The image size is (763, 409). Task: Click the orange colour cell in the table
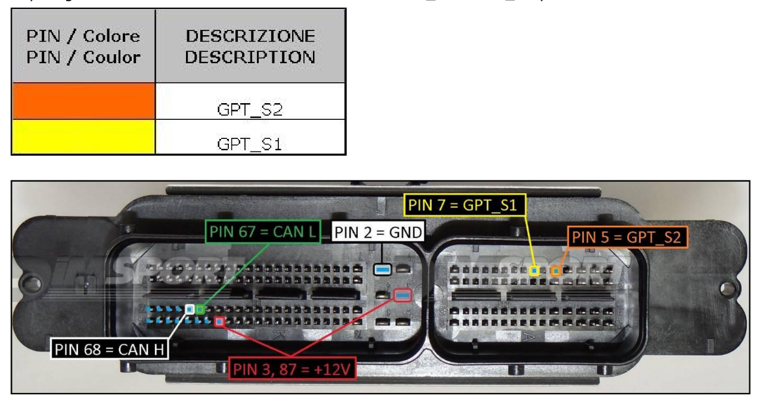coord(83,101)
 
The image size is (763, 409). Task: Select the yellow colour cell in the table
coord(83,137)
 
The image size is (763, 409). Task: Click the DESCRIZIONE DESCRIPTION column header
coord(250,47)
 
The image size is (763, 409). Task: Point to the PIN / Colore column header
coord(83,47)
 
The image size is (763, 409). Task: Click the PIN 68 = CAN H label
coord(110,348)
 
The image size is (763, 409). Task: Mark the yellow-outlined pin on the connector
coord(535,271)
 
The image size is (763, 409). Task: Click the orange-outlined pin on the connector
coord(556,271)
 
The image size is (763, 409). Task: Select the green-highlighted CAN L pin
coord(200,309)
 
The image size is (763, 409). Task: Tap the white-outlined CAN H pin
coord(190,309)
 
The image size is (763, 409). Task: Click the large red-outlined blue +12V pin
coord(403,295)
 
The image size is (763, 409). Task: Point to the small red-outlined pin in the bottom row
coord(219,322)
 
